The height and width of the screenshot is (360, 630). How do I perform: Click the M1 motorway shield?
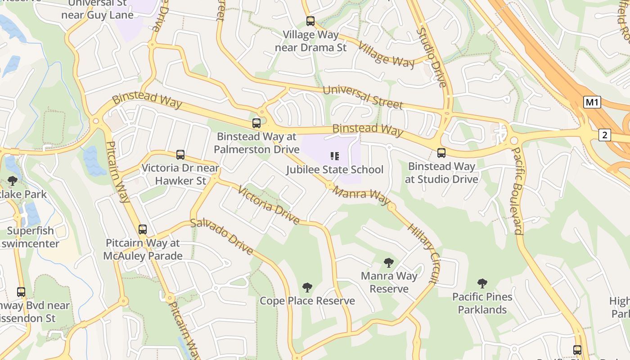point(592,102)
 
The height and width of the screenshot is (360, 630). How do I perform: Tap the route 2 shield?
point(605,135)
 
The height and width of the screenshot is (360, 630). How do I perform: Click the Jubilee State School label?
point(335,170)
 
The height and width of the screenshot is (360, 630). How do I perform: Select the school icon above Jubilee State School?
point(334,156)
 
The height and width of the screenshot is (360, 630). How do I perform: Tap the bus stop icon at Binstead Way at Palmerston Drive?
point(256,123)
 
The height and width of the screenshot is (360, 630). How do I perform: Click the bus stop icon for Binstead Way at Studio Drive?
point(441,153)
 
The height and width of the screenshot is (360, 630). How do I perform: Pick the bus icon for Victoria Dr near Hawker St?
point(180,155)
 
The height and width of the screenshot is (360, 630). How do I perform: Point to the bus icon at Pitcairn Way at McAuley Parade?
point(143,229)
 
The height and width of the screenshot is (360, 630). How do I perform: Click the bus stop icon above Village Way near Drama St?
point(310,21)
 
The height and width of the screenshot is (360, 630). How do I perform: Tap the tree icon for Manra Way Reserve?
point(389,263)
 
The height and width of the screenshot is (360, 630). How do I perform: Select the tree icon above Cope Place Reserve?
point(307,287)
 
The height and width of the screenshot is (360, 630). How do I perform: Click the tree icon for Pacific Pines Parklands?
point(482,283)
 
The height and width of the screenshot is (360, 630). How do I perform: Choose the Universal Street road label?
point(363,97)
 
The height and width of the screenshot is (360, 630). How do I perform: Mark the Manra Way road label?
point(361,196)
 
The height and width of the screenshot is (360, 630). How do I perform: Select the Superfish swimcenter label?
point(30,237)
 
